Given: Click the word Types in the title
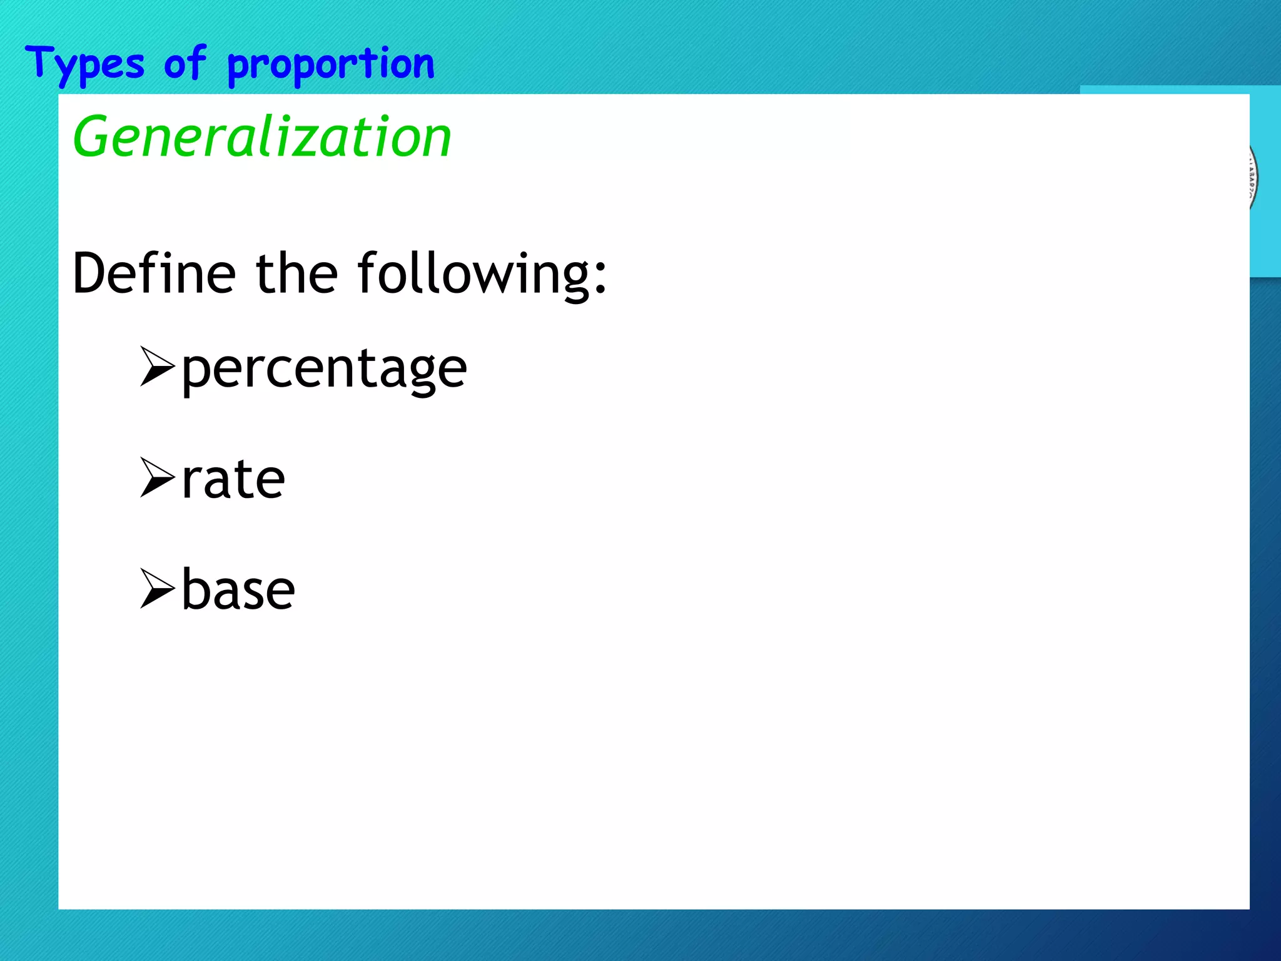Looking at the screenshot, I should pos(85,64).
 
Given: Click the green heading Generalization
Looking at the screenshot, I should pos(261,137).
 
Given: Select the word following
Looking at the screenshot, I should pos(472,274).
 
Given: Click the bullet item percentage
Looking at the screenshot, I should pos(324,369).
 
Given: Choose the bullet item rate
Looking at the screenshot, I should pos(233,480).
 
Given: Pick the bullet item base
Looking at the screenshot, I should pos(238,590).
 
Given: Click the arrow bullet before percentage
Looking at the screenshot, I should pos(156,367).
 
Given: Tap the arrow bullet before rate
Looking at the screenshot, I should pos(156,477).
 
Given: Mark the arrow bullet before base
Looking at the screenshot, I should pos(156,588).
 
